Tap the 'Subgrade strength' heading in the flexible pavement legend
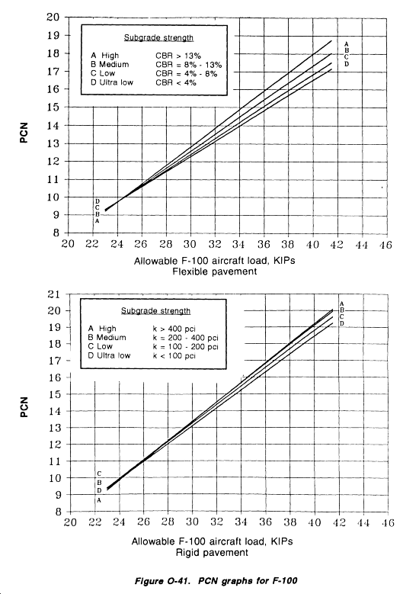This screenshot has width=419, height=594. point(158,38)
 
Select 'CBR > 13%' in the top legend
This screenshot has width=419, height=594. point(178,56)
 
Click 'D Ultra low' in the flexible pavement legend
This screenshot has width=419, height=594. point(112,82)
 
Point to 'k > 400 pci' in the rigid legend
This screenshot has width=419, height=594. point(174,329)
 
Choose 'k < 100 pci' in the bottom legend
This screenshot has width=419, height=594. point(174,356)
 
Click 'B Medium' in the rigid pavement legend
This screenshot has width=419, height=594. point(107,338)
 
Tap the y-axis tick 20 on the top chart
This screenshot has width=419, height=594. point(53,17)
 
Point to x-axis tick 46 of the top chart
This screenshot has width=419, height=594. point(385,245)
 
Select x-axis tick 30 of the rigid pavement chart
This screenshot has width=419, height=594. point(192,522)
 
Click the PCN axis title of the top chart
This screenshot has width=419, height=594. point(24,133)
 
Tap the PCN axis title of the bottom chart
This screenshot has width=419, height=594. point(24,407)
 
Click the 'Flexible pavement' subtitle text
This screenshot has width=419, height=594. point(215,271)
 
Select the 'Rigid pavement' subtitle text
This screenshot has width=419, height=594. point(212,553)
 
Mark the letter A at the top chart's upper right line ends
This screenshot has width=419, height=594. point(347,44)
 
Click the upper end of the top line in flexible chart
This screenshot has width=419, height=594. point(331,40)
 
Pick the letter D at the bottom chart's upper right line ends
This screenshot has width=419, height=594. point(342,323)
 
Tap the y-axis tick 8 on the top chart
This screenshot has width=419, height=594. point(56,233)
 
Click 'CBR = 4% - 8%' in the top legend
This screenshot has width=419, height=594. point(186,73)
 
